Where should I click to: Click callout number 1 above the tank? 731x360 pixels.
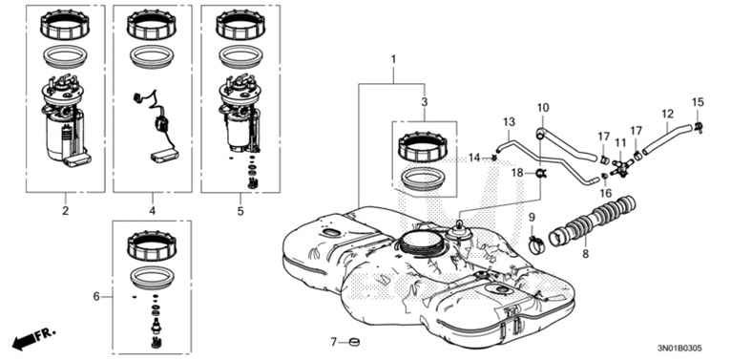click(393, 60)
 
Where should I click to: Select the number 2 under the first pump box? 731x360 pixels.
click(65, 211)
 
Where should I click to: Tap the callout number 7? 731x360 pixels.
click(333, 342)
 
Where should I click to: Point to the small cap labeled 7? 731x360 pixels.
click(354, 343)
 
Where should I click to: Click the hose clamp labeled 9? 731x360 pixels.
click(536, 244)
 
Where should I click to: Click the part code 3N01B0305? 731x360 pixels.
click(679, 349)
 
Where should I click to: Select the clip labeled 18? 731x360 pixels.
click(541, 174)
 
